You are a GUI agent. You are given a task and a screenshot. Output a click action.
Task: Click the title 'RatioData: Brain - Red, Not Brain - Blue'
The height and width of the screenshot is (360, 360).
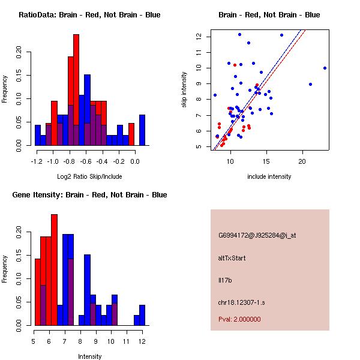point(89,15)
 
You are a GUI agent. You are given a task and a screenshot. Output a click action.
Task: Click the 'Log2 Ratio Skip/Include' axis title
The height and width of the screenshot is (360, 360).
point(89,176)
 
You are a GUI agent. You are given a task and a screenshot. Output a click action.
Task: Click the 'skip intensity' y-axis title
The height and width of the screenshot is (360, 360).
point(185,89)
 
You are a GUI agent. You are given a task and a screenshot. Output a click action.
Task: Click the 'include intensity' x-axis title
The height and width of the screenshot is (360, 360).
point(269,176)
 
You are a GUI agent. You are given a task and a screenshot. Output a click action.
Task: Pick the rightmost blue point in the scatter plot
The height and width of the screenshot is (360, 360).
point(325,68)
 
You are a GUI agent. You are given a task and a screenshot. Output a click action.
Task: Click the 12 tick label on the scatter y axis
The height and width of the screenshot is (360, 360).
point(197,37)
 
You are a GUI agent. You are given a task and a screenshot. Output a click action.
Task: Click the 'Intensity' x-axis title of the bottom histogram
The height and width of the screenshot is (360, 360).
point(89,356)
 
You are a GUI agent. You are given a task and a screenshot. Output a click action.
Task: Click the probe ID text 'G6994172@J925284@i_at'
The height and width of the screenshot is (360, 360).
point(257,235)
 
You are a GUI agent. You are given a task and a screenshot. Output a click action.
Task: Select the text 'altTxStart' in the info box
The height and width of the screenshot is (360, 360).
point(232,258)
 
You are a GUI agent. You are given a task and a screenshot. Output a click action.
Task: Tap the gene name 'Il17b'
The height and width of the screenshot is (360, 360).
point(224,280)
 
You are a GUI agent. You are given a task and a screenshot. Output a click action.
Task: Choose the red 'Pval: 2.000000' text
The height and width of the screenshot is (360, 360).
point(243,320)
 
